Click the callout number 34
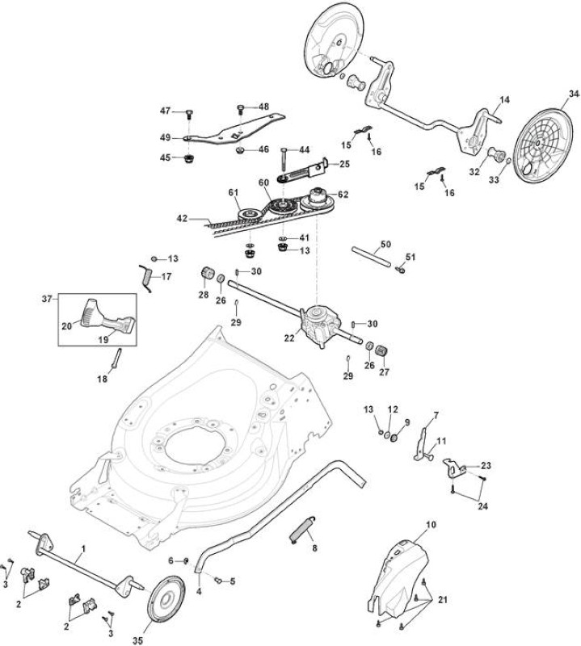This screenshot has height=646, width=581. click(574, 94)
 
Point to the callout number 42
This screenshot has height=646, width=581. click(182, 219)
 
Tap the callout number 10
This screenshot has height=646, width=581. click(431, 525)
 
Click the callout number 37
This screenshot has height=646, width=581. click(47, 298)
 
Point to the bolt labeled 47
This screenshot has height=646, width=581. click(189, 112)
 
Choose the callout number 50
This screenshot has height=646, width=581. click(385, 245)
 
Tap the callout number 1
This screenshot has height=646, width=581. click(84, 549)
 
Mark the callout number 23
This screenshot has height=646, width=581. click(486, 466)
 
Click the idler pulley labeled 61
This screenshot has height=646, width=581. click(250, 214)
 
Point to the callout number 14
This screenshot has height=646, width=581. click(505, 99)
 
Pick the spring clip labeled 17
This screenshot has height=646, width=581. click(145, 279)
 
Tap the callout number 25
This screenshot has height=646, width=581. click(344, 164)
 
